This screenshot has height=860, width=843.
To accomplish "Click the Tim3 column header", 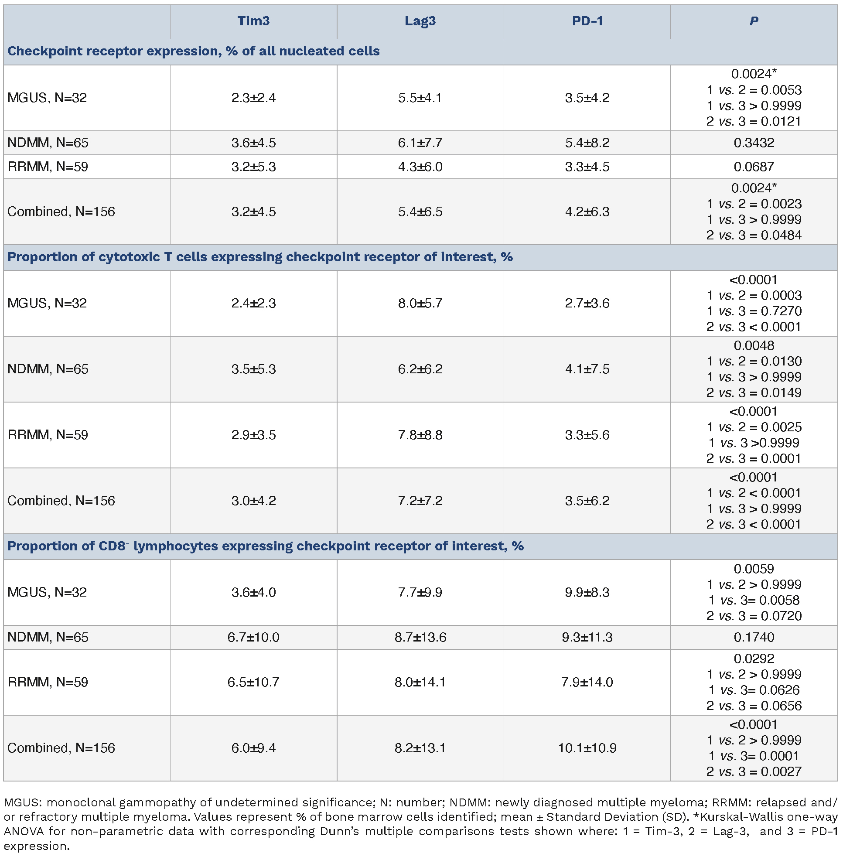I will point(253,21).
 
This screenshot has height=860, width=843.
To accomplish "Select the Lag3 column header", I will point(420,21).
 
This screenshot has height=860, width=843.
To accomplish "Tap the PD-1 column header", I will point(587,21).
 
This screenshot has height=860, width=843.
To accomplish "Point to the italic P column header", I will point(754,21).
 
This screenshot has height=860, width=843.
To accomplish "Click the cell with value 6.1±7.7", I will point(420,143).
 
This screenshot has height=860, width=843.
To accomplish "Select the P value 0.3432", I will point(754,143).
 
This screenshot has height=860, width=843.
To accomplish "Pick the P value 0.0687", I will point(754,167).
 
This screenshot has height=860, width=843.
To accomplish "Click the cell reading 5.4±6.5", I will point(420,212).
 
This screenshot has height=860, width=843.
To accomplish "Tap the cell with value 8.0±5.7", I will point(420,303).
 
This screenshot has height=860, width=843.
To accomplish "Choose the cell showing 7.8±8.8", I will point(420,435).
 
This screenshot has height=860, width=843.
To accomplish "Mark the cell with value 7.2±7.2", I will point(420,500).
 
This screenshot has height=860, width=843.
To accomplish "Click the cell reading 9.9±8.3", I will point(587,592).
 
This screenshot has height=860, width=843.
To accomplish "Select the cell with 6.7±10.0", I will point(253,637).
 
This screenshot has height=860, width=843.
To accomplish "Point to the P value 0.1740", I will point(754,637).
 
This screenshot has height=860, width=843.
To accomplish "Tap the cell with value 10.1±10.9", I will point(587,748).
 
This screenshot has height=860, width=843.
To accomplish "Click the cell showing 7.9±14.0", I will point(587,682).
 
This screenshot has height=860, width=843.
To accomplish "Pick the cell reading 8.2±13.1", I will point(420,748).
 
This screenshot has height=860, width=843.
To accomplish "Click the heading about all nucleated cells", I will point(194,51).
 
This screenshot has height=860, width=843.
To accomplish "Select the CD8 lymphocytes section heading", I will point(265,546).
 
